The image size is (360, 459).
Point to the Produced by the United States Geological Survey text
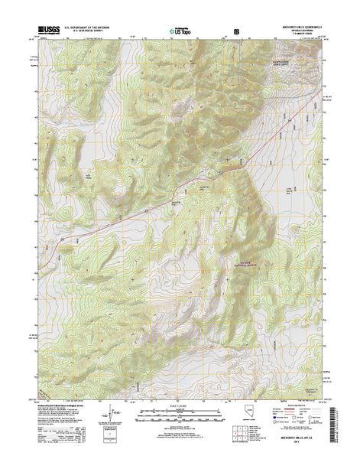point(61,406)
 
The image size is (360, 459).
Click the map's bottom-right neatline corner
point(321,399)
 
